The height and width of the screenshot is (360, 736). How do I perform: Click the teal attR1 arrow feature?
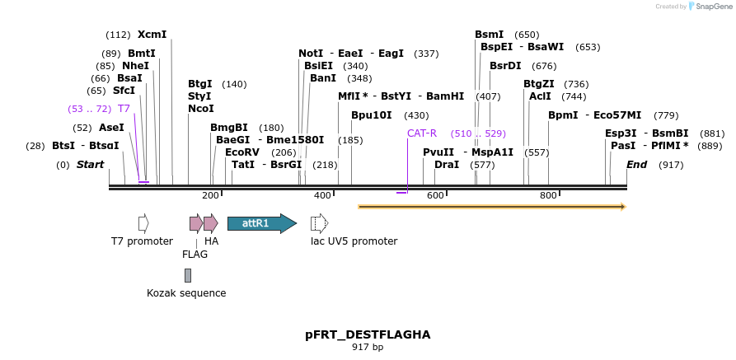click(261, 223)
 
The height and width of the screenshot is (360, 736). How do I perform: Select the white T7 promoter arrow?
click(143, 223)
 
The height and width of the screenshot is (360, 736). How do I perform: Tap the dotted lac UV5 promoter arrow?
click(319, 223)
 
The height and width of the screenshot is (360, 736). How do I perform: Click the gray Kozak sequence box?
click(188, 275)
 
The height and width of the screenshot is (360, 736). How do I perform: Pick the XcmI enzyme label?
click(152, 35)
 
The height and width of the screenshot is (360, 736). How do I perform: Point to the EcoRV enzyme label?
click(242, 152)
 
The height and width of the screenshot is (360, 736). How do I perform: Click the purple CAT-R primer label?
click(421, 133)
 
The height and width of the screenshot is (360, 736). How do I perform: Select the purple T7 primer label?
click(124, 109)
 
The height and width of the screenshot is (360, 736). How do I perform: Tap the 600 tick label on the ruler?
click(434, 195)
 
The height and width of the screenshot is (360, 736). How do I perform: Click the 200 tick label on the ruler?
click(210, 195)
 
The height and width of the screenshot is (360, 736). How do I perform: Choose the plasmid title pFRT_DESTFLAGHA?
click(368, 334)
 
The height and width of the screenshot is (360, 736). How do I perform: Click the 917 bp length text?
click(368, 348)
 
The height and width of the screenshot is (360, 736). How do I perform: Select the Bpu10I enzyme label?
click(372, 115)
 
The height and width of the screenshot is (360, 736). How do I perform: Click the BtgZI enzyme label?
click(539, 84)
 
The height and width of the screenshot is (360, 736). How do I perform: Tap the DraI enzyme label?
click(447, 165)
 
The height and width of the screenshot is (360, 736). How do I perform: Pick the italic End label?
click(636, 165)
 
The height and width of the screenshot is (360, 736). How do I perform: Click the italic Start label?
click(91, 165)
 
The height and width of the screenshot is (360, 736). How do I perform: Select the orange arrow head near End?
click(621, 206)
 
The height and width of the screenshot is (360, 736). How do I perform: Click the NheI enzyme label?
click(135, 66)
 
